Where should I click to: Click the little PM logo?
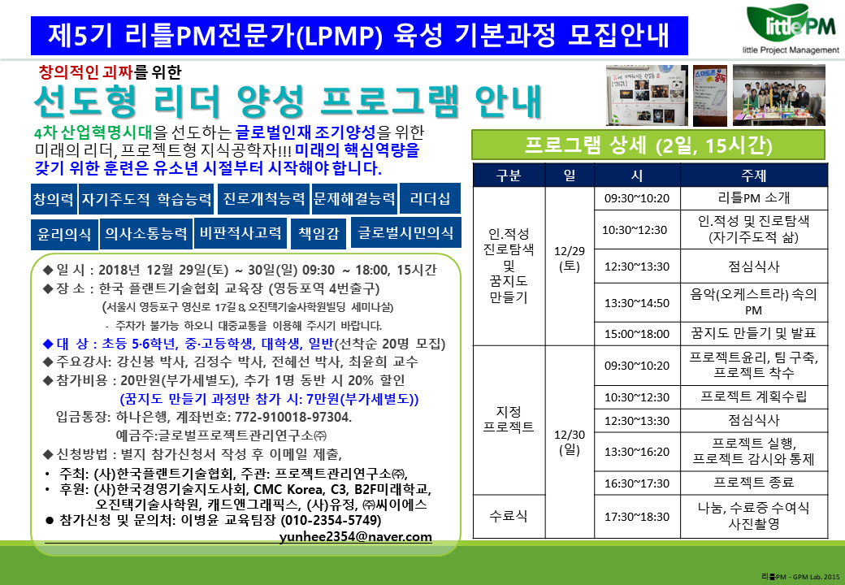[x=791, y=28]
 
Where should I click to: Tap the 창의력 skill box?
[x=54, y=199]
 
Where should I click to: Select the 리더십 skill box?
[x=430, y=199]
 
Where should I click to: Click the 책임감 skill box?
[x=318, y=233]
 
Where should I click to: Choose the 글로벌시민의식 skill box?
[x=405, y=232]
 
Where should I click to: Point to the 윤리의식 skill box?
[x=64, y=234]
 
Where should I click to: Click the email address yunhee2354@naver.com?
[x=356, y=536]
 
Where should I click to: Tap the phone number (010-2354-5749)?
[x=331, y=520]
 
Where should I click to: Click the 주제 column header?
[x=754, y=175]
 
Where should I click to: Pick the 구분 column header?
[x=509, y=175]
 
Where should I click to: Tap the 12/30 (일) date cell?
[x=570, y=442]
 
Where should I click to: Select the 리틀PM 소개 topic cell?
[x=754, y=198]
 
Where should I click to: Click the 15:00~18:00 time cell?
[x=637, y=334]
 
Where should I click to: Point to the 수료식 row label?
[x=509, y=516]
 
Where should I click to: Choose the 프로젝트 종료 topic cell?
[x=754, y=483]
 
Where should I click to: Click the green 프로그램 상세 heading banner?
[x=648, y=145]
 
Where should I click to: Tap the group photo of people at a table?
[x=778, y=95]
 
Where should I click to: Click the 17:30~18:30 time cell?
[x=637, y=517]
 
